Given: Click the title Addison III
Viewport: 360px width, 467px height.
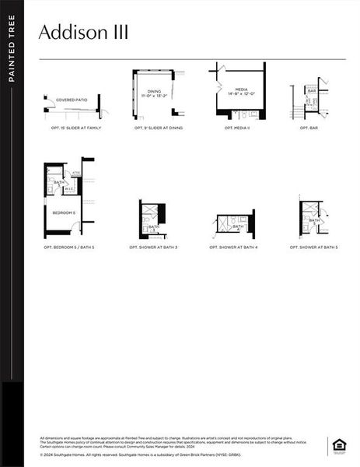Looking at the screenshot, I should coord(84,33).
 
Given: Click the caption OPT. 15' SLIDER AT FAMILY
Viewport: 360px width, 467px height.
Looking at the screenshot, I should coord(76,128).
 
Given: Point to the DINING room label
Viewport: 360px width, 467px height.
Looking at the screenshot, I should coord(155,92).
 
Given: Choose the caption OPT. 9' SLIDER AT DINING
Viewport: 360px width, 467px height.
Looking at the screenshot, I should coord(159,128).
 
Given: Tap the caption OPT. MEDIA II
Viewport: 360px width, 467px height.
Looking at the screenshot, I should coord(237,128).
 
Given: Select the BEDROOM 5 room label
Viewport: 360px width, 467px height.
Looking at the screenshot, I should coord(64,212).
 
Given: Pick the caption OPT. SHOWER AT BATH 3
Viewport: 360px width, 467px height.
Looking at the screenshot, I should coord(153,248).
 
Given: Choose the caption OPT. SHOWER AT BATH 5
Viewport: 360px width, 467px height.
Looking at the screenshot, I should coord(314,248).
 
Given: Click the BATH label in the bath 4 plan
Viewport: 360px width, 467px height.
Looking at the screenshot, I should coord(238,227).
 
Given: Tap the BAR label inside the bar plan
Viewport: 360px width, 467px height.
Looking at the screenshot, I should coord(312,91).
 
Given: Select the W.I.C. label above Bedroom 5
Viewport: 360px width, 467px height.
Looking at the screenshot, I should coord(68,188).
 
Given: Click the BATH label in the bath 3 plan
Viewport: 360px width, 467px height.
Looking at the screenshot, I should coord(154,227).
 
